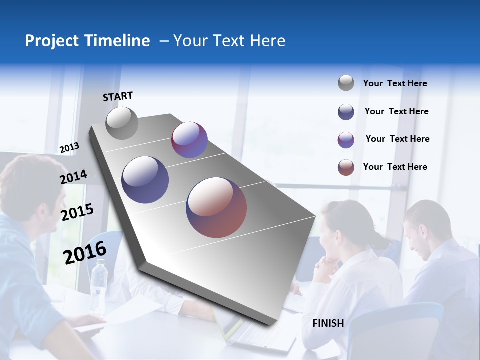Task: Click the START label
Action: tap(118, 96)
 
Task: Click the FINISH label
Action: tap(328, 323)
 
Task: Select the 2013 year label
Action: tap(69, 148)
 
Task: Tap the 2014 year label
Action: tap(73, 177)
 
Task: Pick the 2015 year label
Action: tap(77, 212)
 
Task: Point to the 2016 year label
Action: tap(85, 253)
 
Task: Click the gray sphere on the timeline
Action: tap(122, 123)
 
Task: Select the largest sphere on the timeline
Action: tap(216, 207)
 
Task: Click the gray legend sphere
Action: tap(346, 83)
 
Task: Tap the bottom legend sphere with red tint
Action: tap(346, 167)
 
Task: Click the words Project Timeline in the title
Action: tap(87, 41)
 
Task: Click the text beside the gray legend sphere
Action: tap(395, 83)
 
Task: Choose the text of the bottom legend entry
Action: tap(395, 167)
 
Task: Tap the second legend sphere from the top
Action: tap(346, 112)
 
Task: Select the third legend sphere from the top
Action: tap(346, 140)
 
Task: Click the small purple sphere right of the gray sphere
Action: tap(189, 140)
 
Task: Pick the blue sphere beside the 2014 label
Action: tap(145, 180)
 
